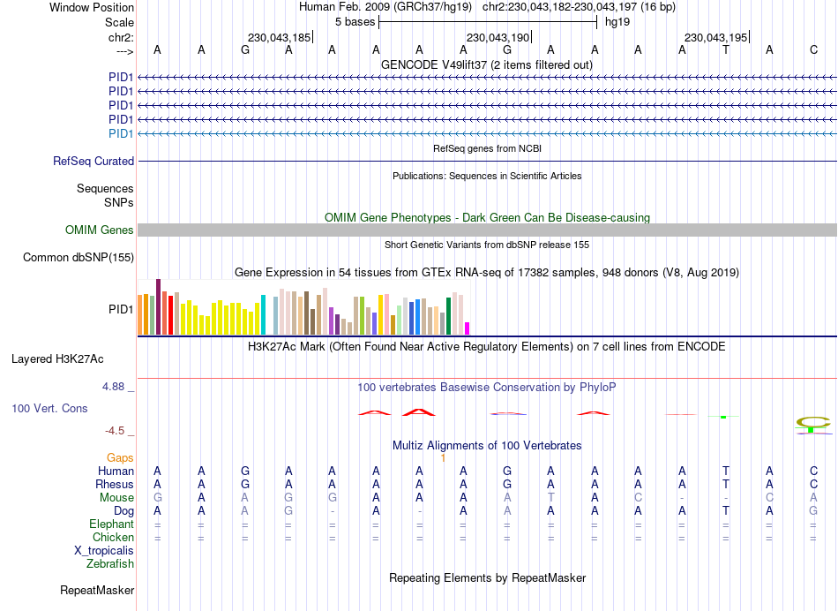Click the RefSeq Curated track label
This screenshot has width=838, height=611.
coord(94,162)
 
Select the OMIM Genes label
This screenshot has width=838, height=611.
coord(100,230)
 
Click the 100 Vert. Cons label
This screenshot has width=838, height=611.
coord(49,409)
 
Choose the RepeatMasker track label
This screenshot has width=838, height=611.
coord(97,590)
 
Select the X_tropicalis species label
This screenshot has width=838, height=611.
coord(104,551)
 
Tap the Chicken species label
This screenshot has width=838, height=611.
coord(113,538)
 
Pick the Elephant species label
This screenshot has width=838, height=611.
coord(110,524)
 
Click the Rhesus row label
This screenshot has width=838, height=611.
coord(115,485)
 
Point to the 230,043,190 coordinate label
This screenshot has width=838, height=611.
coord(498,38)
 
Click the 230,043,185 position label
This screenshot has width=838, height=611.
coord(280,38)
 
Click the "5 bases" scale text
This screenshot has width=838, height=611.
coord(355,22)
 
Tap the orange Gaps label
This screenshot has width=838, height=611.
coord(120,458)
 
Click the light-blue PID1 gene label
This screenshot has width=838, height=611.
coord(121,134)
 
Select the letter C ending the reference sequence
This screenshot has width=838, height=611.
coord(813,49)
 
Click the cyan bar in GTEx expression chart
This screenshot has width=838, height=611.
coord(264,315)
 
